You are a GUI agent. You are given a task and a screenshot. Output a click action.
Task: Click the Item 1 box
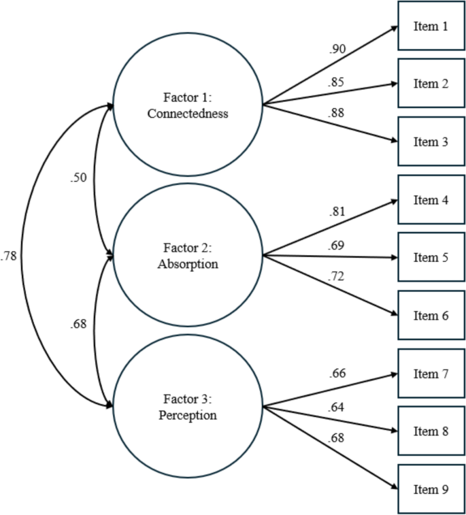(431, 27)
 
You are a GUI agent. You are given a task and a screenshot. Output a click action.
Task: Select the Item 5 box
(431, 258)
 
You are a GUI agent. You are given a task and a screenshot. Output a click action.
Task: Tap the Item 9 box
(431, 489)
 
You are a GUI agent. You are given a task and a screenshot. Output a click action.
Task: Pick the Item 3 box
(431, 142)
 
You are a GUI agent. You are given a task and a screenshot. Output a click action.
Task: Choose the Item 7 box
(431, 373)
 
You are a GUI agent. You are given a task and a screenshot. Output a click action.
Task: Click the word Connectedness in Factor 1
(188, 114)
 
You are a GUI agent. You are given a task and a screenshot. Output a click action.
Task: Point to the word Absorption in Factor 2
(188, 264)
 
